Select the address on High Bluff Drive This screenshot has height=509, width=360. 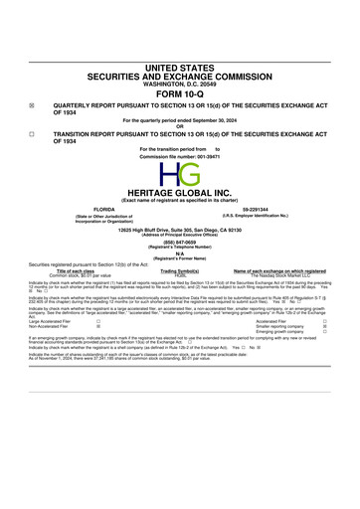[179, 230]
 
